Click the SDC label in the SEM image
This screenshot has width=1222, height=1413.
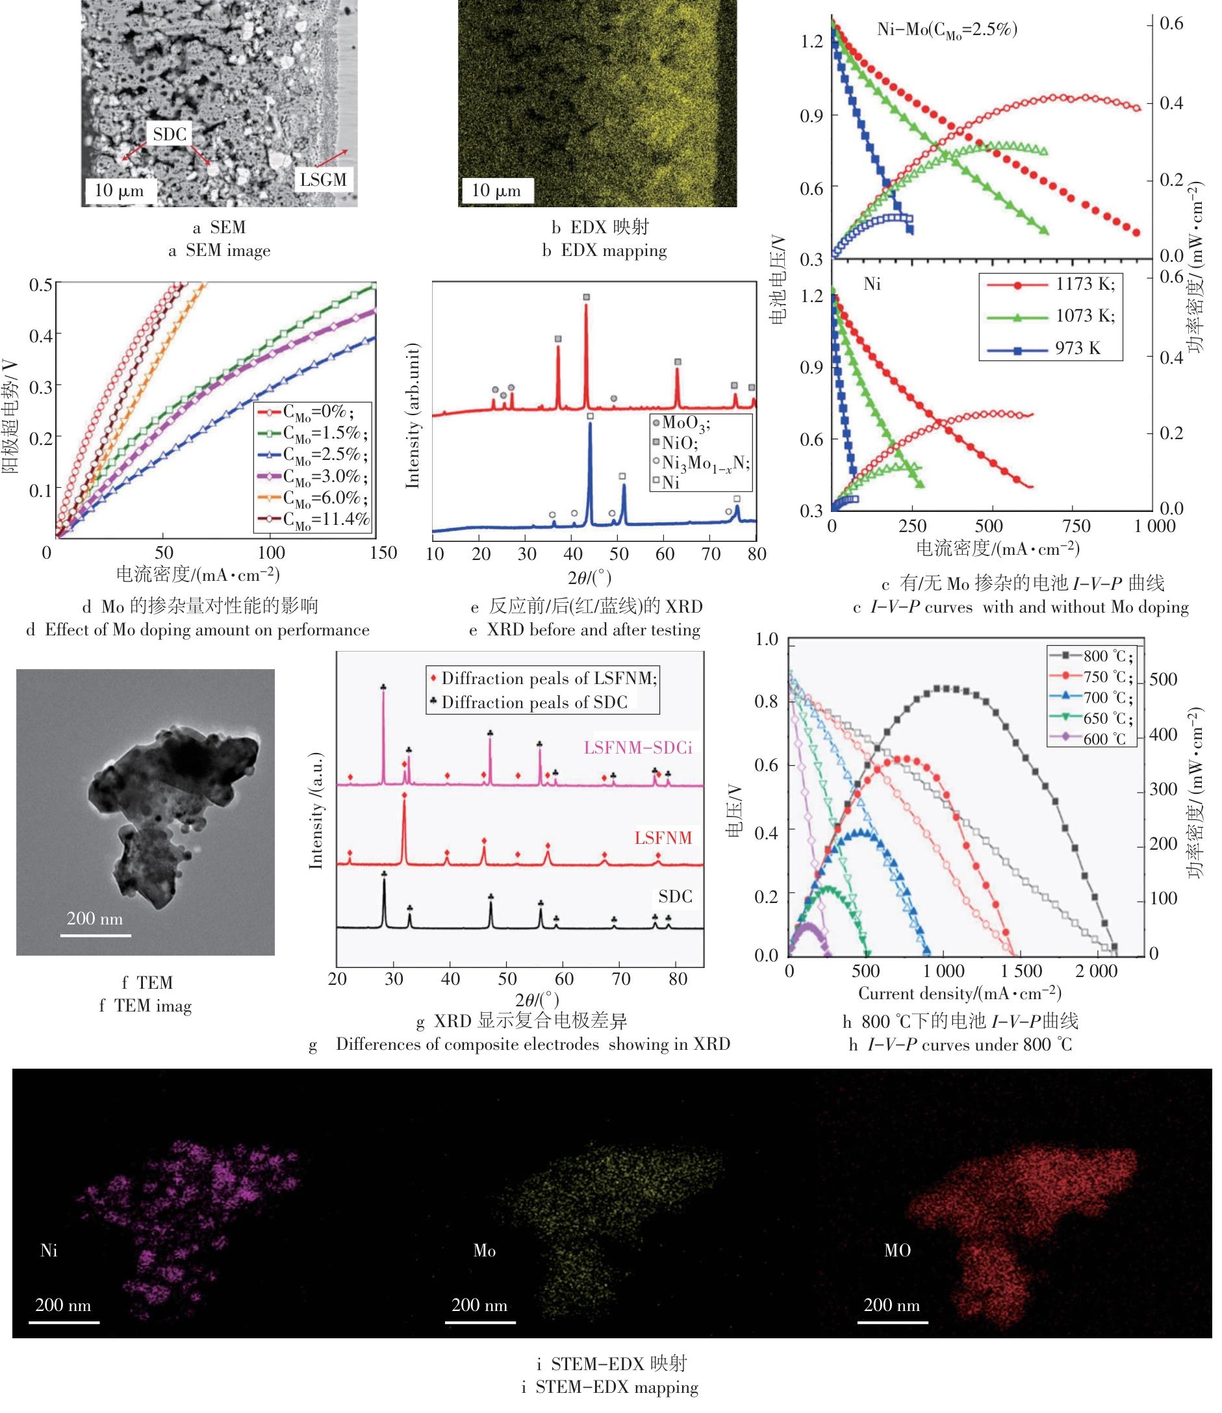pyautogui.click(x=170, y=134)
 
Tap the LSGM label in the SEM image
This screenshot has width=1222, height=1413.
pyautogui.click(x=324, y=180)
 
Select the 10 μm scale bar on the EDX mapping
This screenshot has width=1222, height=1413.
pyautogui.click(x=496, y=190)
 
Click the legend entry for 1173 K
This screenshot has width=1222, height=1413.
pyautogui.click(x=1085, y=284)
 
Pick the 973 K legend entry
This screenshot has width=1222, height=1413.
pyautogui.click(x=1077, y=348)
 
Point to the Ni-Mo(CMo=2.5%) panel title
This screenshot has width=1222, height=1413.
pyautogui.click(x=947, y=30)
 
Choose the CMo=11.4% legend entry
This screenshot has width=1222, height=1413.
pyautogui.click(x=325, y=520)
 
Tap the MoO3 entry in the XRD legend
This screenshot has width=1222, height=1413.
pyautogui.click(x=685, y=423)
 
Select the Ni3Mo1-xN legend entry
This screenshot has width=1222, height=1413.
pyautogui.click(x=705, y=463)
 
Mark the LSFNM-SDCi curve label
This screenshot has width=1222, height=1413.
pyautogui.click(x=637, y=748)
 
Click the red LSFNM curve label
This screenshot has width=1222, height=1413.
pyautogui.click(x=663, y=838)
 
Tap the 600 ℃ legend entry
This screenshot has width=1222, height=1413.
pyautogui.click(x=1104, y=739)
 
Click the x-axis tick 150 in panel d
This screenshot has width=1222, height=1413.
pyautogui.click(x=383, y=552)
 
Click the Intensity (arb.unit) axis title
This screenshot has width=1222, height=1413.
pyautogui.click(x=412, y=415)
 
